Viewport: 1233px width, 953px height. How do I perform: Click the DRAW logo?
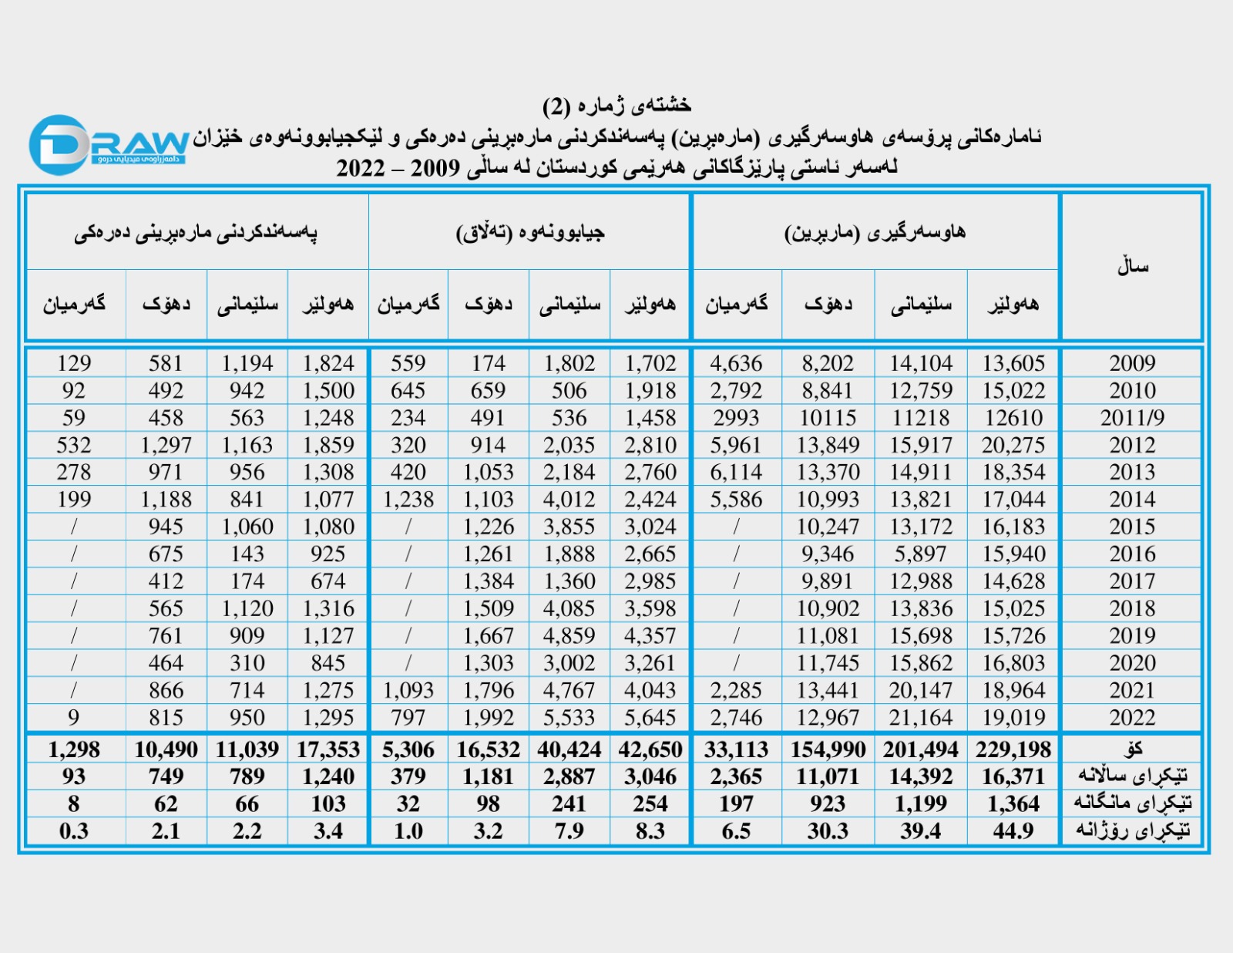pyautogui.click(x=108, y=144)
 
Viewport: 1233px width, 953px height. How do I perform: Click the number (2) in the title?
pyautogui.click(x=557, y=106)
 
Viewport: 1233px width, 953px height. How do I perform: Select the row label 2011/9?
pyautogui.click(x=1131, y=418)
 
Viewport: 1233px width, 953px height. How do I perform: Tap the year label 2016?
pyautogui.click(x=1131, y=554)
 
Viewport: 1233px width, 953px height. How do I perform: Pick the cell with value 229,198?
pyautogui.click(x=1013, y=749)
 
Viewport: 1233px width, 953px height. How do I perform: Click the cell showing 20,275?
pyautogui.click(x=1013, y=445)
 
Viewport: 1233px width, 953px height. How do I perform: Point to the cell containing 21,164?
pyautogui.click(x=920, y=718)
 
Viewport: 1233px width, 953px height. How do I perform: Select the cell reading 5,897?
pyautogui.click(x=920, y=554)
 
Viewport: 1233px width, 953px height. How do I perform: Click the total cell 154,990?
pyautogui.click(x=828, y=749)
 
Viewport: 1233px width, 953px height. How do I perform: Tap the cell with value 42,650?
pyautogui.click(x=650, y=749)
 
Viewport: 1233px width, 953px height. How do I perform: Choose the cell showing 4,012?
pyautogui.click(x=569, y=500)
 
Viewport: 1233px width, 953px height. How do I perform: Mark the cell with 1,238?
pyautogui.click(x=408, y=500)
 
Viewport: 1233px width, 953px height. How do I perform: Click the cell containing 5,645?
pyautogui.click(x=650, y=718)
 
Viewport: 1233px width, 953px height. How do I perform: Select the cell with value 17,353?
pyautogui.click(x=328, y=749)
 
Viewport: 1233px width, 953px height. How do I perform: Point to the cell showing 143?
pyautogui.click(x=247, y=554)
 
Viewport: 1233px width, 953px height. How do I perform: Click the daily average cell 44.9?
pyautogui.click(x=1013, y=831)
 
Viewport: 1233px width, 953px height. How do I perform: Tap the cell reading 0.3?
pyautogui.click(x=74, y=831)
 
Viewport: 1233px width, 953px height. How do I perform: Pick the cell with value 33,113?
pyautogui.click(x=736, y=749)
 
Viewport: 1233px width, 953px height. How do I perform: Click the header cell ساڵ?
pyautogui.click(x=1131, y=267)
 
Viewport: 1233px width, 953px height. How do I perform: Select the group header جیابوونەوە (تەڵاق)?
pyautogui.click(x=530, y=232)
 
